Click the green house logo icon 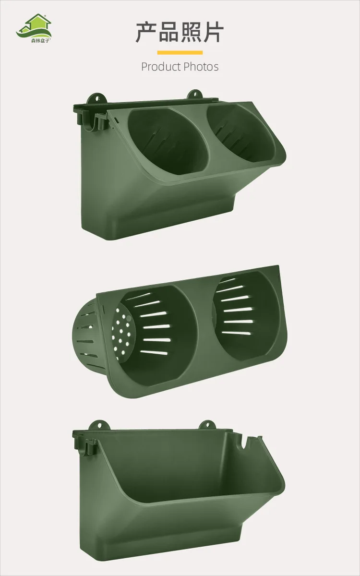pyautogui.click(x=34, y=26)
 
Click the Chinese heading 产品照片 pyautogui.click(x=180, y=33)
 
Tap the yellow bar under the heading pyautogui.click(x=180, y=53)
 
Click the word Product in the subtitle pyautogui.click(x=161, y=67)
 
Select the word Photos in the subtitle pyautogui.click(x=201, y=67)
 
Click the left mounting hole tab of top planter pyautogui.click(x=97, y=99)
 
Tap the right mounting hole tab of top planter pyautogui.click(x=194, y=95)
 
